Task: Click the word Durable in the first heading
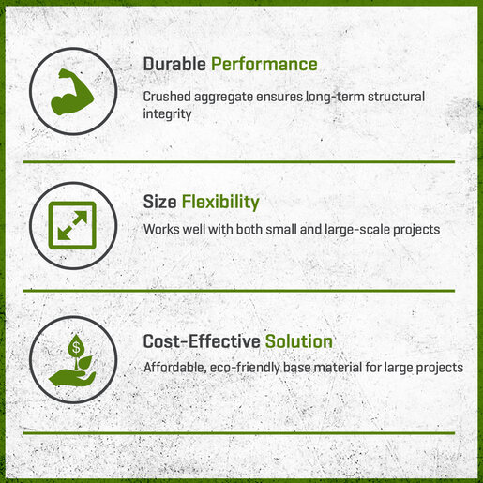pyautogui.click(x=174, y=64)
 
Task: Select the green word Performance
pyautogui.click(x=264, y=64)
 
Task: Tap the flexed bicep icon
pyautogui.click(x=72, y=92)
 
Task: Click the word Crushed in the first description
pyautogui.click(x=167, y=97)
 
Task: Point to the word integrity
pyautogui.click(x=167, y=114)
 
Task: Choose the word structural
pyautogui.click(x=396, y=97)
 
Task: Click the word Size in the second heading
pyautogui.click(x=159, y=202)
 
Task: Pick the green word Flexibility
pyautogui.click(x=220, y=203)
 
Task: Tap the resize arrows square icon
pyautogui.click(x=72, y=225)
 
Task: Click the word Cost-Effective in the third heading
pyautogui.click(x=202, y=341)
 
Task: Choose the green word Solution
pyautogui.click(x=299, y=341)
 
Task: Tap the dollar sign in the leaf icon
pyautogui.click(x=76, y=347)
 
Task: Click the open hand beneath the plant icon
pyautogui.click(x=72, y=377)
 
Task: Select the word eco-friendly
pyautogui.click(x=245, y=368)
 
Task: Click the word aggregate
pyautogui.click(x=223, y=98)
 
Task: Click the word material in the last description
pyautogui.click(x=339, y=368)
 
